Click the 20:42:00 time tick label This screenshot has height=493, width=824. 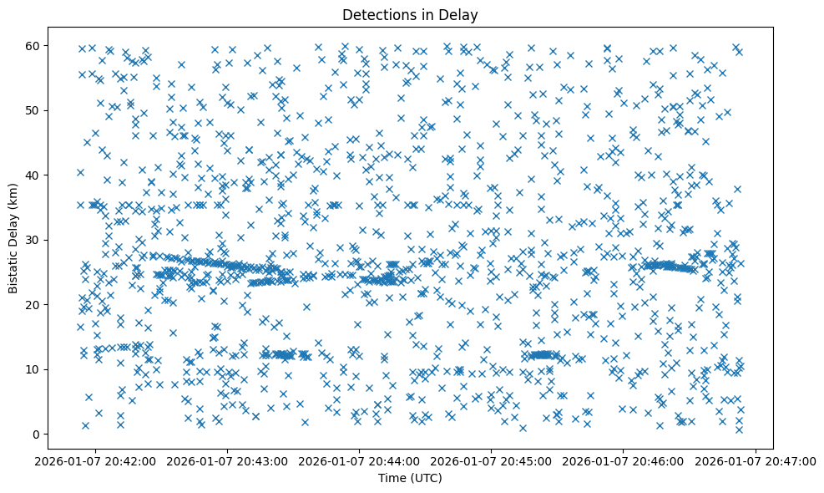96,461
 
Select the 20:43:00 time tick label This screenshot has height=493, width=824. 228,461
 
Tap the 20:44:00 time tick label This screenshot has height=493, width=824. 360,461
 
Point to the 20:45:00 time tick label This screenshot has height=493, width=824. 492,461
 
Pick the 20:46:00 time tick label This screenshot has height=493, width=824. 624,461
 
